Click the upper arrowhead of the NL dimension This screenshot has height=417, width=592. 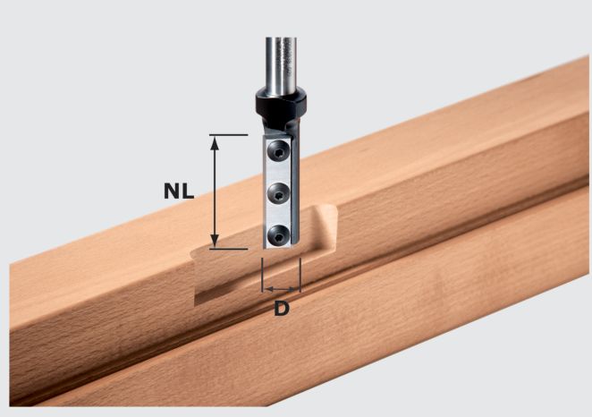pos(214,142)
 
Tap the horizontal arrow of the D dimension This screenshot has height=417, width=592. pos(281,289)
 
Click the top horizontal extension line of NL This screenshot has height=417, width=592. pos(228,135)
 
